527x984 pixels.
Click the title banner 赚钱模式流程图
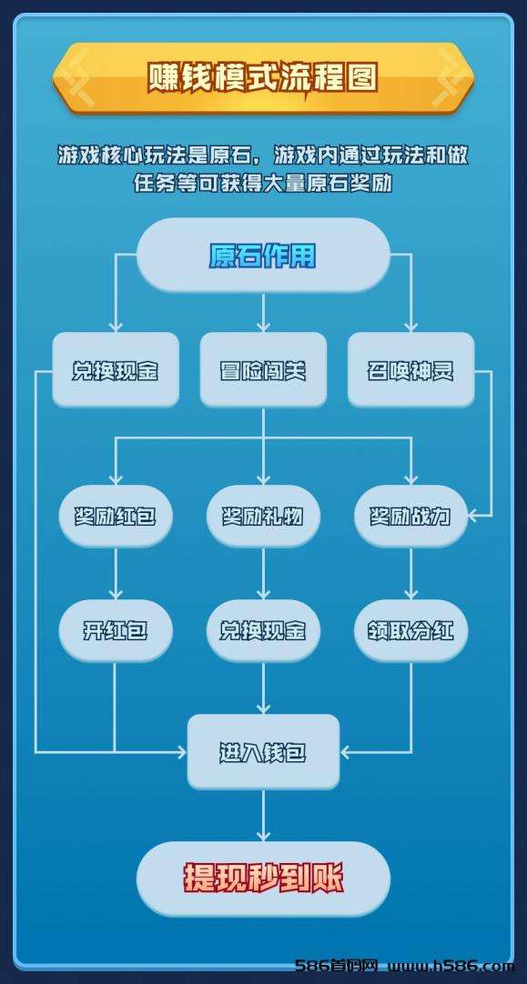pyautogui.click(x=263, y=78)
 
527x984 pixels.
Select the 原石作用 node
pyautogui.click(x=263, y=256)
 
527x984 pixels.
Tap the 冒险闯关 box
pyautogui.click(x=263, y=370)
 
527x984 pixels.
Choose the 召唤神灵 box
pyautogui.click(x=410, y=370)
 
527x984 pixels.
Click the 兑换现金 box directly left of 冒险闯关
pyautogui.click(x=116, y=370)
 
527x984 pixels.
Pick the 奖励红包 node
pyautogui.click(x=116, y=516)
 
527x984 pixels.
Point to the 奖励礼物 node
pyautogui.click(x=263, y=516)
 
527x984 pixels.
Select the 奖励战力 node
pyautogui.click(x=410, y=516)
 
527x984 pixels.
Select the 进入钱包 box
pyautogui.click(x=263, y=752)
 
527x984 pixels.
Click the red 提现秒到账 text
pyautogui.click(x=263, y=879)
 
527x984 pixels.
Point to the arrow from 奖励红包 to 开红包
pyautogui.click(x=116, y=574)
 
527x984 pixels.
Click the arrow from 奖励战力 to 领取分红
pyautogui.click(x=410, y=574)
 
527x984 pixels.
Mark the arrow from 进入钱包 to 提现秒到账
pyautogui.click(x=263, y=815)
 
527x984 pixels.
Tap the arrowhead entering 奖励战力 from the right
pyautogui.click(x=473, y=516)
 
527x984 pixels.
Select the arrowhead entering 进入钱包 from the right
pyautogui.click(x=346, y=752)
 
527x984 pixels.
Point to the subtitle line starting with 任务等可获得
pyautogui.click(x=263, y=183)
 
